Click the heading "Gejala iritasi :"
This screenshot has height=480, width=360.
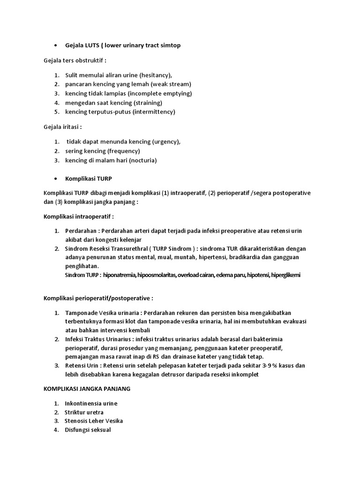tap(63, 127)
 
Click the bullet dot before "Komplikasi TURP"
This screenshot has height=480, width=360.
tap(56, 179)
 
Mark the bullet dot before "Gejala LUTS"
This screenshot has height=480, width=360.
tap(56, 45)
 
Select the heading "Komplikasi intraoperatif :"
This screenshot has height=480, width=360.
tap(79, 217)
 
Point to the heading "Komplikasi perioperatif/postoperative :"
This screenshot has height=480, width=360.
tap(98, 298)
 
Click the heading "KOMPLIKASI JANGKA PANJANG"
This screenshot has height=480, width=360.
tap(87, 389)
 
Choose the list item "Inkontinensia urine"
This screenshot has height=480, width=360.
tap(91, 404)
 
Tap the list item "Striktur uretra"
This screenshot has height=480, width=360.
tap(84, 412)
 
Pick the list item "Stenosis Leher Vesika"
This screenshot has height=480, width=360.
tap(94, 421)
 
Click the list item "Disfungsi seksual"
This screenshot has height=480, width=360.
tap(88, 430)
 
